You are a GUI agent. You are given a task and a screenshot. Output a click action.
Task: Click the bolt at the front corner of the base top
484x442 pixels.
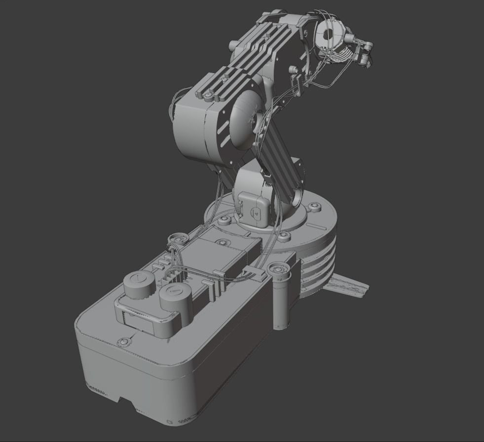[x=123, y=341]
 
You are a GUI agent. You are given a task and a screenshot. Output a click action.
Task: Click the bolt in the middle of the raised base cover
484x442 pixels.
[x=222, y=242]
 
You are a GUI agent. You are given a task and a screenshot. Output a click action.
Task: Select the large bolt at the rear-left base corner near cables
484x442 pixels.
[x=174, y=239]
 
